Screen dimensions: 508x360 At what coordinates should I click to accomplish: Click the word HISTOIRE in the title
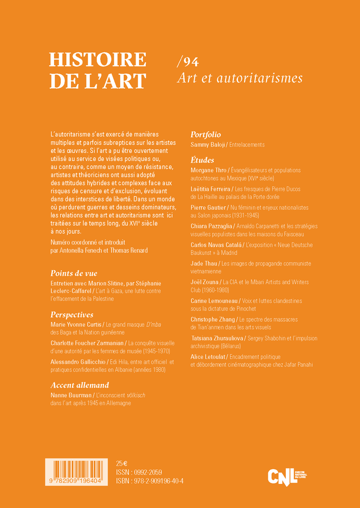coord(97,60)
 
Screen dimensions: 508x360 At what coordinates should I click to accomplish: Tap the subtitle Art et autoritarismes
coord(240,79)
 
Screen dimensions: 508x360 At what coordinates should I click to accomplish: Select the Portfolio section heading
coord(205,135)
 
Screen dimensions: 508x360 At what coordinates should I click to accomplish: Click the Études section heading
coord(202,160)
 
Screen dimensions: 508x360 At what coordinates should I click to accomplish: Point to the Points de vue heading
coord(74,273)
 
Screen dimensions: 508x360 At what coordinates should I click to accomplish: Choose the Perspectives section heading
coord(72,314)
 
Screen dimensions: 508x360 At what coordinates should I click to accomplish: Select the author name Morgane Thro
coord(209,170)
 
